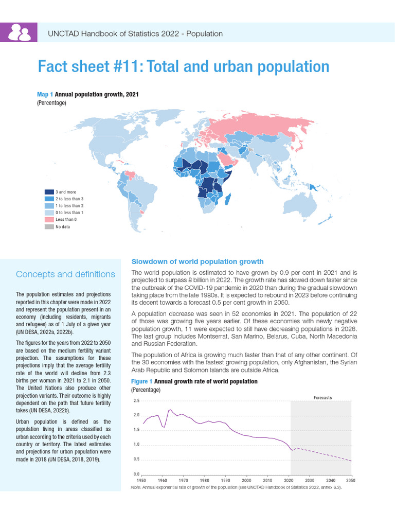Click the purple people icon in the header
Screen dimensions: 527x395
coord(19,33)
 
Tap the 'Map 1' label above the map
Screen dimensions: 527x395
coord(45,95)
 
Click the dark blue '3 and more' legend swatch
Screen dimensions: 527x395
coord(49,192)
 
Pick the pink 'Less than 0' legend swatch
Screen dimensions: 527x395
coord(49,220)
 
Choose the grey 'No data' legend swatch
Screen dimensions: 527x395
coord(49,226)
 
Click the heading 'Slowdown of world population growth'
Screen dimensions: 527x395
coord(197,261)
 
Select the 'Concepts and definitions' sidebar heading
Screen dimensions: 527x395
coord(65,274)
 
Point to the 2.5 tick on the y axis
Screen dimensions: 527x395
coord(136,401)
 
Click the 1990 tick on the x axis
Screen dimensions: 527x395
coord(225,480)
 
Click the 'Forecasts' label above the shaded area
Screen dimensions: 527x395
coord(322,398)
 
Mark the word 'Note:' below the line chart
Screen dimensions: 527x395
coord(137,487)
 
